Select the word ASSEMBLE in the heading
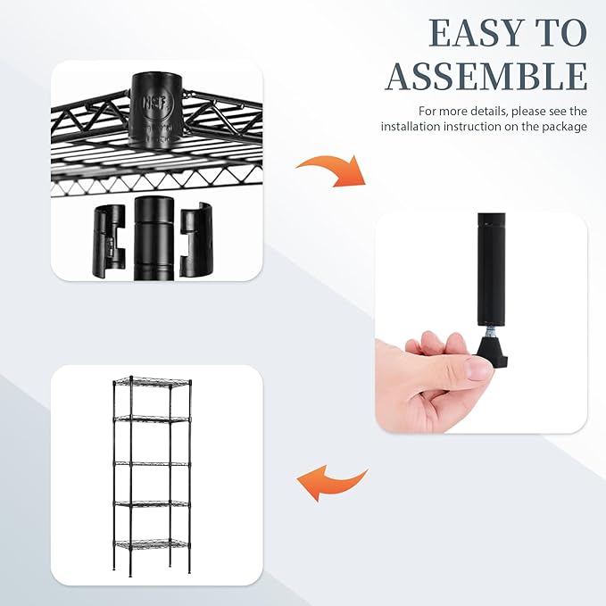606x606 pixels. [486, 77]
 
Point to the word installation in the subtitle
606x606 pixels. [414, 127]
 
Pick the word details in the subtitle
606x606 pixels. [491, 112]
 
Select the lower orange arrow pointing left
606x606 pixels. [331, 483]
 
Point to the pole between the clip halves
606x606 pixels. [151, 237]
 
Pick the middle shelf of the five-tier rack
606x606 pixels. [152, 464]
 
